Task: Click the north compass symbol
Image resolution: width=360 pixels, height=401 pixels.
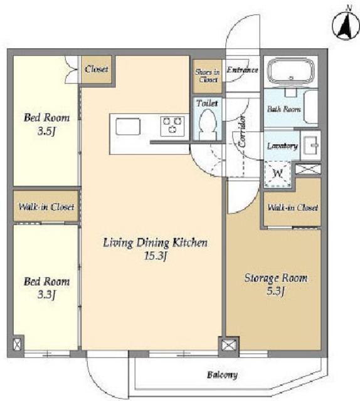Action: tap(345, 26)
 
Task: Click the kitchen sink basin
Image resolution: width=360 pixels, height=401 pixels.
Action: tap(128, 127)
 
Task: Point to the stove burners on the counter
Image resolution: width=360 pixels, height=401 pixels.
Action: tap(172, 126)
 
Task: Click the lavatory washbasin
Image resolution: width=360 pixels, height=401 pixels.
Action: tap(310, 145)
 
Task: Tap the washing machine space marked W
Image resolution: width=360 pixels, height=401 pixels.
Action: tap(278, 174)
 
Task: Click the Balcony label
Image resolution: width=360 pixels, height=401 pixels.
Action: tap(222, 375)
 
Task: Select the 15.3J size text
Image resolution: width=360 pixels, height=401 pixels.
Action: tap(156, 256)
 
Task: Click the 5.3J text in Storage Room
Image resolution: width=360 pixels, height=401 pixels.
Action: tap(276, 291)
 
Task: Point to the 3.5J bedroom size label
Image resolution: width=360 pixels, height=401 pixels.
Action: tap(46, 132)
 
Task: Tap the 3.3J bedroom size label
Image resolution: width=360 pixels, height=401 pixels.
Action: tap(46, 295)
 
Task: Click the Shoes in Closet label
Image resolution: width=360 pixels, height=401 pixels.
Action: tap(208, 76)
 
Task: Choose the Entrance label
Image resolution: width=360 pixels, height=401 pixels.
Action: tap(242, 70)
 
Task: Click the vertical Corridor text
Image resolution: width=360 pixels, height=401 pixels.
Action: tap(242, 131)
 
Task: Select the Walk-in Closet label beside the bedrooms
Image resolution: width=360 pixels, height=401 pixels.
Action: tap(46, 206)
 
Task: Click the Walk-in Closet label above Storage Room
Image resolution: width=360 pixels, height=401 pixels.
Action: tap(293, 207)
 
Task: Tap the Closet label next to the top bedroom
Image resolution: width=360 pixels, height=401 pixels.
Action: tap(97, 69)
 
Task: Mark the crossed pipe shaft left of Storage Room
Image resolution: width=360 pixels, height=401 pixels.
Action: tap(229, 345)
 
